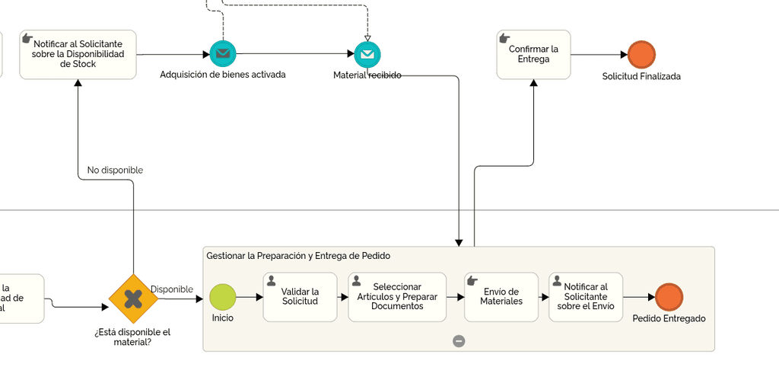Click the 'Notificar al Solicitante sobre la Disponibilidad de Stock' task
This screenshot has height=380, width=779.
point(78,55)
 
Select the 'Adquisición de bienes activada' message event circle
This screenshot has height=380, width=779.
point(223,54)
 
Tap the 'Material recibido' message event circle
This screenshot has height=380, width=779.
point(367,54)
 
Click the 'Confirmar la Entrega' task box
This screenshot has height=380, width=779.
point(533,55)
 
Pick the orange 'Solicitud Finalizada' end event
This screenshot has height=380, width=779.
point(641,55)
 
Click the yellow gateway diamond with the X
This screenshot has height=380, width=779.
point(133,299)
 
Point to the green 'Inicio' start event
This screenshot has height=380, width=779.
point(223,297)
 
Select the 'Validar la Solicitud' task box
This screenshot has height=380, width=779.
point(300,297)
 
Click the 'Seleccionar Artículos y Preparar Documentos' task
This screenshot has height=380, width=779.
point(397,297)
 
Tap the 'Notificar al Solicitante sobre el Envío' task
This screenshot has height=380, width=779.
point(585,297)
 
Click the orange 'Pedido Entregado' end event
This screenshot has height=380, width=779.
point(669,297)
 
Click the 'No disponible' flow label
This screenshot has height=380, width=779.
point(115,171)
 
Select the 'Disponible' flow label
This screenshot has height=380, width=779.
point(171,289)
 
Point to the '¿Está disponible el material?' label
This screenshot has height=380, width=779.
point(132,337)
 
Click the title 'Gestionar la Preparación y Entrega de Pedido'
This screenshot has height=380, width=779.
point(298,256)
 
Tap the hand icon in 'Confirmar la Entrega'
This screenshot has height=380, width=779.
point(504,38)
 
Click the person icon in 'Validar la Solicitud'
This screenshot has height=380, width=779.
point(272,280)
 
